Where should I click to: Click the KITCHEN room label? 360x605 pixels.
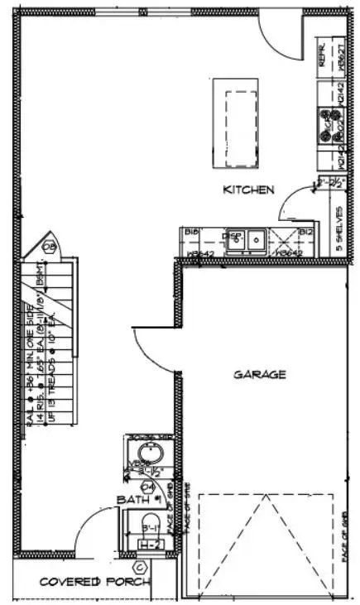tap(248, 190)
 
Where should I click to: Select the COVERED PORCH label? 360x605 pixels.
tap(83, 582)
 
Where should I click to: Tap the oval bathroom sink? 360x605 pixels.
tap(149, 453)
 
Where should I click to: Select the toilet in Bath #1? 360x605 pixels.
tap(149, 523)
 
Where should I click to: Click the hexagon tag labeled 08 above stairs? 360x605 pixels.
tap(50, 246)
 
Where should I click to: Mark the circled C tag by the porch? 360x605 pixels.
tap(140, 567)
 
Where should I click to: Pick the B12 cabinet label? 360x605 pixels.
tap(305, 233)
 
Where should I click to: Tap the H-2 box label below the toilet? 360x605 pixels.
tap(149, 544)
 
